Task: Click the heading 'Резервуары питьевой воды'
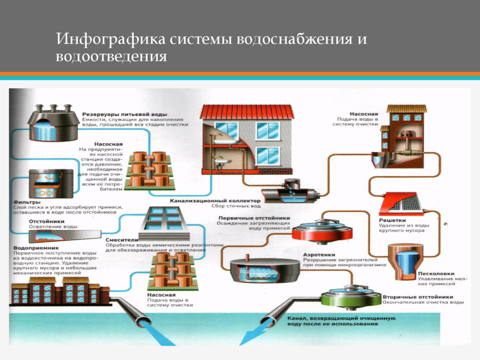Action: pos(125,114)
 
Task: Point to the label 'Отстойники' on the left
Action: pos(44,221)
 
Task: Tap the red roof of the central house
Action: pos(247,111)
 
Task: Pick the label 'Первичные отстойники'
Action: pos(254,218)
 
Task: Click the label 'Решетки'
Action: pos(392,220)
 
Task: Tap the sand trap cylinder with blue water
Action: pos(404,262)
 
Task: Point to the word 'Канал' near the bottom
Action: pos(297,318)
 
